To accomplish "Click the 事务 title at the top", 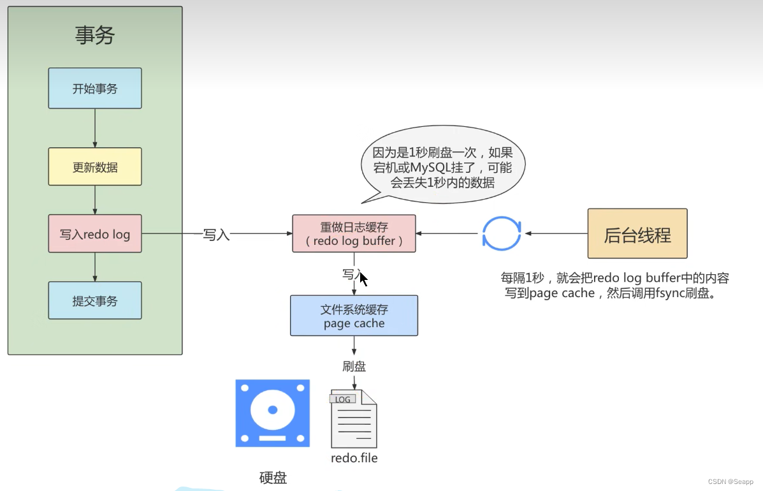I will pos(94,35).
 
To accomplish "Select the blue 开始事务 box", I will pos(95,89).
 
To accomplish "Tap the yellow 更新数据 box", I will pos(95,167).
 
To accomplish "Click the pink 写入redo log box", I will pos(95,234).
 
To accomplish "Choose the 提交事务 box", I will pos(95,301).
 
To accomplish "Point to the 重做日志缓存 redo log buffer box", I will pos(354,233).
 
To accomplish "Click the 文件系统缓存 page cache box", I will pos(354,316).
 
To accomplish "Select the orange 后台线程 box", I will pos(637,233).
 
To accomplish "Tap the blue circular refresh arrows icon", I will pos(502,233).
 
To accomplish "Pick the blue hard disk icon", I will pos(272,413).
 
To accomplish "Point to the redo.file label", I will pos(354,458).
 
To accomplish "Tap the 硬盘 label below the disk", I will pos(273,478).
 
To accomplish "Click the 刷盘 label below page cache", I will pos(354,367).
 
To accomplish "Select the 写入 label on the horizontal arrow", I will pos(215,234).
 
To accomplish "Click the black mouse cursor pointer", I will pos(363,279).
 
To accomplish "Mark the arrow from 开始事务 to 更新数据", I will pos(95,128).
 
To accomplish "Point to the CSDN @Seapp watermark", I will pos(731,481).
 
